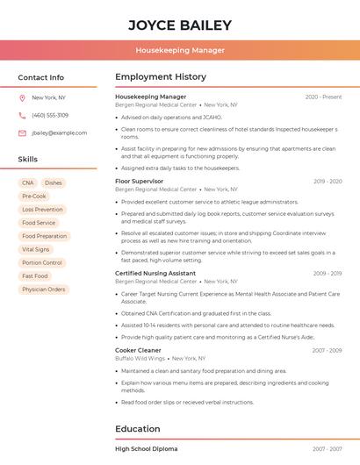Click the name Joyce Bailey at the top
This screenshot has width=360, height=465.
pyautogui.click(x=179, y=25)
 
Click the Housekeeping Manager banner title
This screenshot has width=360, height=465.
pyautogui.click(x=179, y=50)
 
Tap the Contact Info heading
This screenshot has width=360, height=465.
pyautogui.click(x=40, y=77)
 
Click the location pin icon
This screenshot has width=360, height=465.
pyautogui.click(x=22, y=97)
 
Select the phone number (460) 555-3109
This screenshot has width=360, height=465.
pyautogui.click(x=50, y=115)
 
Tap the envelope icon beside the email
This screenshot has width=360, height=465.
pyautogui.click(x=22, y=132)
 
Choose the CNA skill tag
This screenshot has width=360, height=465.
pyautogui.click(x=28, y=182)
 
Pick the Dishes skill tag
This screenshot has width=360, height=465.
pyautogui.click(x=54, y=182)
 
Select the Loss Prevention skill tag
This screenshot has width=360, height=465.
pyautogui.click(x=42, y=210)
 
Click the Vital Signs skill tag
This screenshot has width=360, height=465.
pyautogui.click(x=35, y=249)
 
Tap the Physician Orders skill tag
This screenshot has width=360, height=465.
pyautogui.click(x=44, y=289)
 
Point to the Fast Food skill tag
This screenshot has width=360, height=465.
pyautogui.click(x=35, y=275)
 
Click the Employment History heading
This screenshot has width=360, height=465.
pyautogui.click(x=161, y=77)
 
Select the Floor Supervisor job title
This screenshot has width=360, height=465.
pyautogui.click(x=139, y=181)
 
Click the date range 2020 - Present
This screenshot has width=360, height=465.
pyautogui.click(x=323, y=97)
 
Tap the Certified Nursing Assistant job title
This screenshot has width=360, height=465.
pyautogui.click(x=155, y=273)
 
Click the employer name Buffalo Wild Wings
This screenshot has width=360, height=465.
pyautogui.click(x=140, y=358)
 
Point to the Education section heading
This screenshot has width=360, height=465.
pyautogui.click(x=138, y=429)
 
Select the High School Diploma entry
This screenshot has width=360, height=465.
pyautogui.click(x=146, y=448)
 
